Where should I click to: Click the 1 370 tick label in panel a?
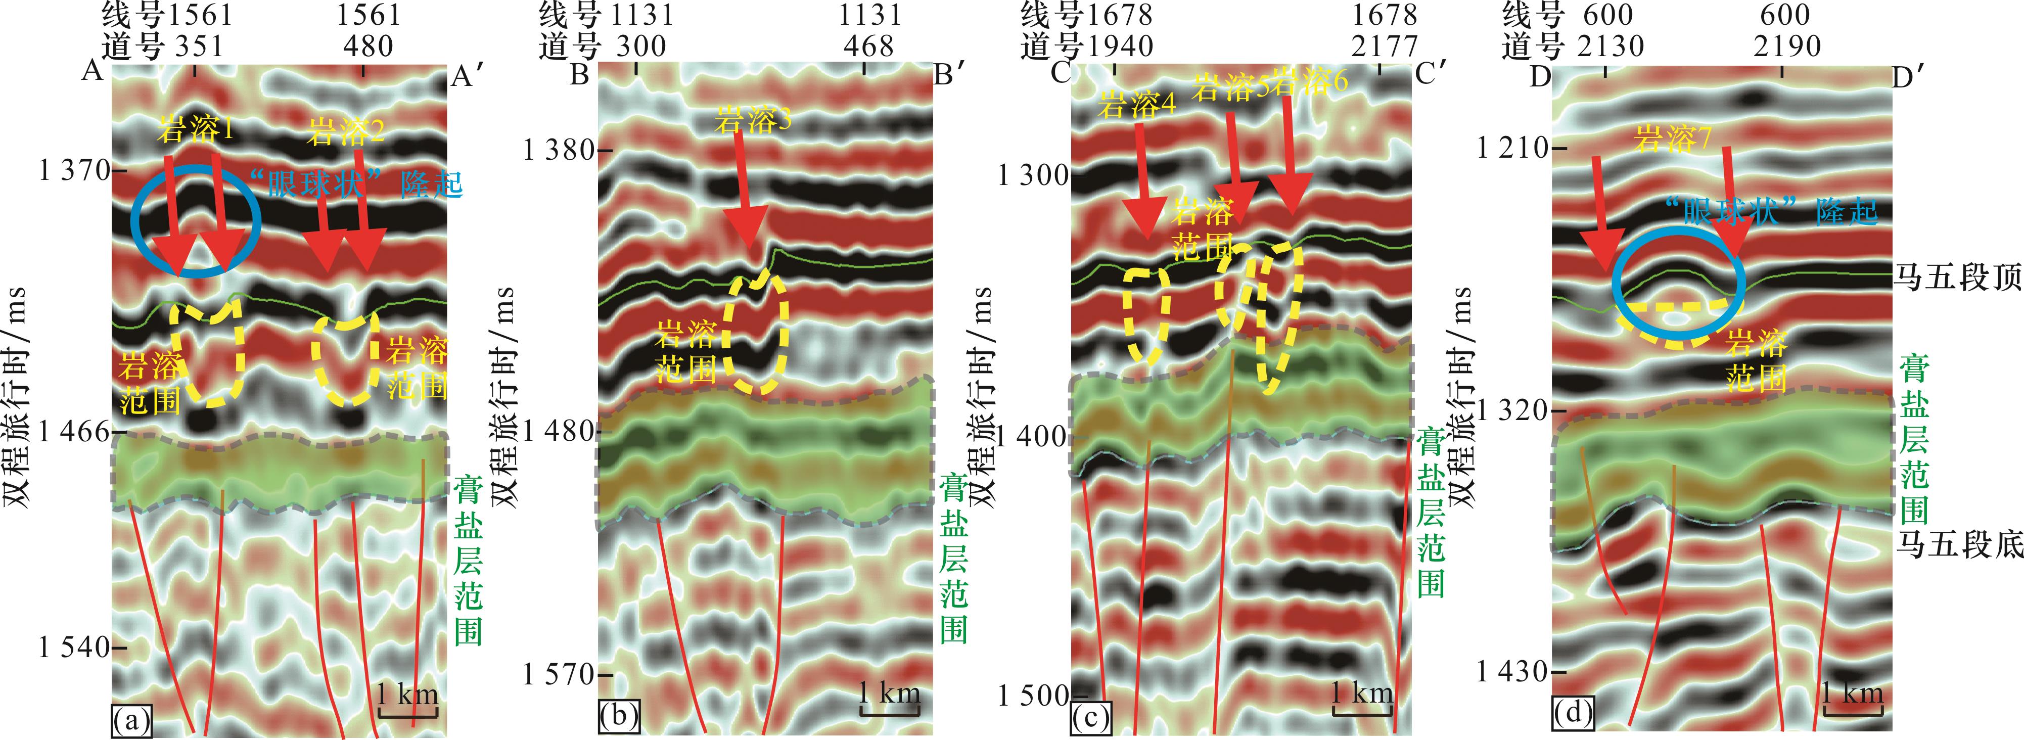click(x=75, y=170)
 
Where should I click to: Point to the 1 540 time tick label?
click(x=75, y=647)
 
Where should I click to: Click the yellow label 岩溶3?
click(x=753, y=122)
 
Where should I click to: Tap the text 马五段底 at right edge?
click(x=1958, y=543)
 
